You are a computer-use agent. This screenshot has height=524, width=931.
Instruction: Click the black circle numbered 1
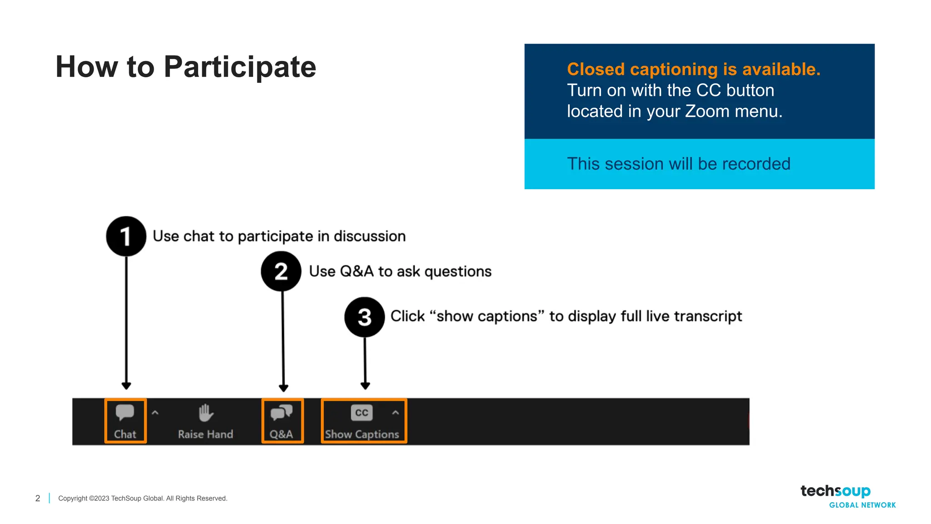(126, 236)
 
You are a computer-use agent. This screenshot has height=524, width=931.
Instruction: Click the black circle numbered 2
(281, 271)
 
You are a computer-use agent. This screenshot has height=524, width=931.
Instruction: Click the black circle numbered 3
(365, 317)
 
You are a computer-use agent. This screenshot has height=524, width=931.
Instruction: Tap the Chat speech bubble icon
(125, 413)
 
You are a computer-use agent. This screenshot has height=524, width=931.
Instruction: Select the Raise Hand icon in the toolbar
(206, 413)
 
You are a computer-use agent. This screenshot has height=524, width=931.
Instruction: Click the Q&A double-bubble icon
(281, 413)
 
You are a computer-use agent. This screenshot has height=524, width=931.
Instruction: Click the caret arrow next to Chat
(155, 413)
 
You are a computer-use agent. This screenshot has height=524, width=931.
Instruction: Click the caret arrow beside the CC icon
(395, 413)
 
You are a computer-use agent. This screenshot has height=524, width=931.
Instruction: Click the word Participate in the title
(240, 67)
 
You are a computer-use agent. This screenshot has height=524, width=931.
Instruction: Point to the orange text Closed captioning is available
(693, 69)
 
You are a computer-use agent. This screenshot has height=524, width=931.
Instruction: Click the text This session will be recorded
(678, 164)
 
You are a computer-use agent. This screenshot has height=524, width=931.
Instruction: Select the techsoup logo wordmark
(835, 491)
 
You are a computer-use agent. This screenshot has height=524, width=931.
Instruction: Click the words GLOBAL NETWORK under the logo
(862, 505)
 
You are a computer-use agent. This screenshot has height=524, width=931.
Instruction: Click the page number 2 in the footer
(38, 499)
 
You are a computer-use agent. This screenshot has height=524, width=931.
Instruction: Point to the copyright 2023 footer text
(142, 499)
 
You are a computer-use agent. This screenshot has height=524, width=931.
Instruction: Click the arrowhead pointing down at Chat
(126, 386)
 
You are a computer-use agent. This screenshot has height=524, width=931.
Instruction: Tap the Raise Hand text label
(205, 434)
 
